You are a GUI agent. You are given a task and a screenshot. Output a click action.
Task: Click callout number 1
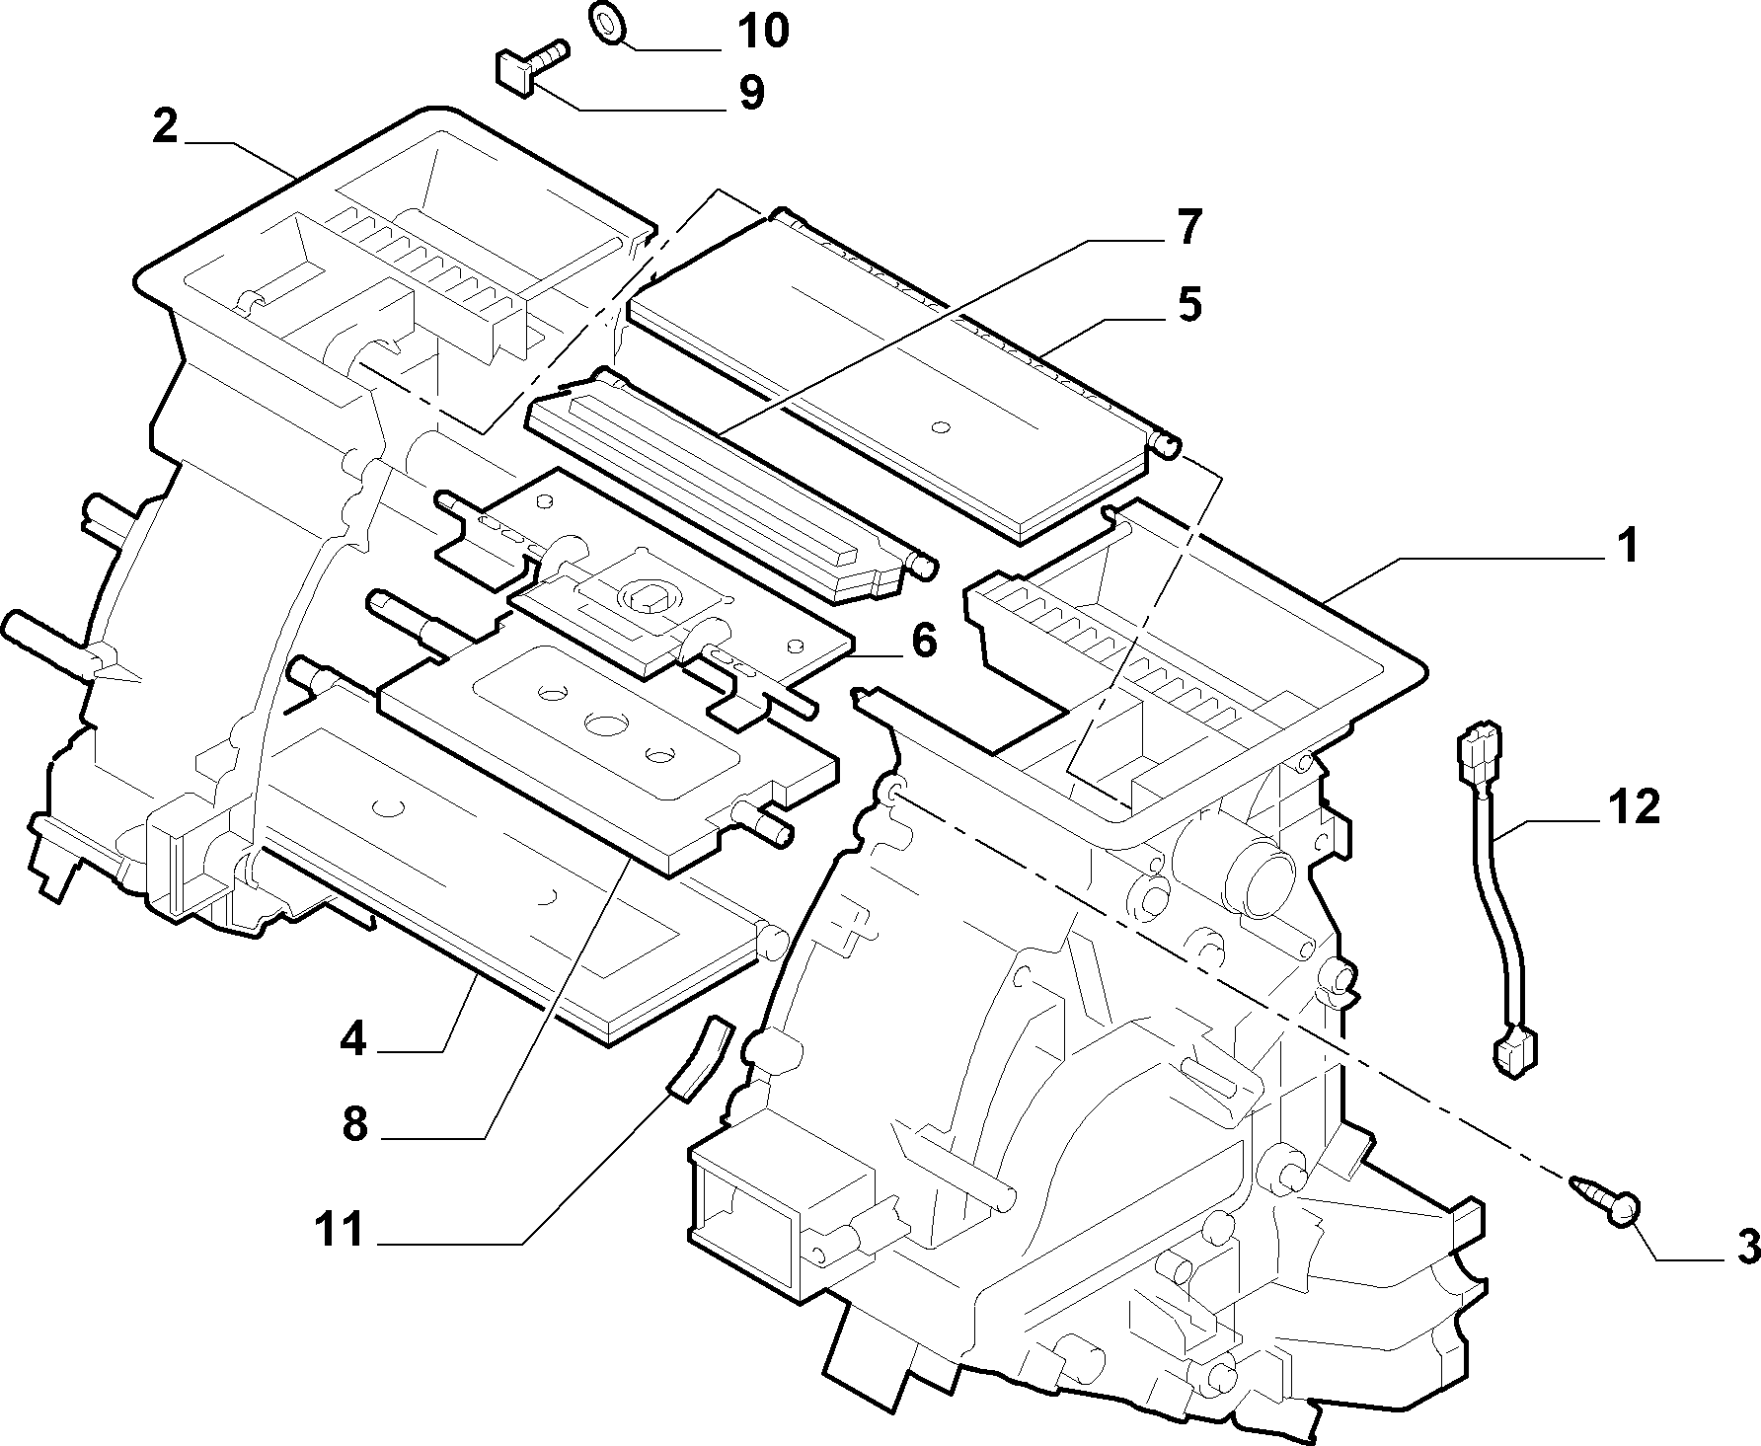click(x=1627, y=545)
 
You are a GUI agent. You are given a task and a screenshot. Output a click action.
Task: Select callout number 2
click(x=165, y=127)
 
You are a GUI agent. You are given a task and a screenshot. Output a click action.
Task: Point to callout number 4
click(x=353, y=1038)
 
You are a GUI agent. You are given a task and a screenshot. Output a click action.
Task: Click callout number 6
click(x=923, y=642)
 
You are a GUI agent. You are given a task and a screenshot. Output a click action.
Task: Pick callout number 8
click(x=355, y=1123)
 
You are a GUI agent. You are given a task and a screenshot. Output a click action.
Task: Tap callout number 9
click(x=751, y=93)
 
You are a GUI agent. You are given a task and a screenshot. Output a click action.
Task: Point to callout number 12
click(x=1634, y=806)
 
